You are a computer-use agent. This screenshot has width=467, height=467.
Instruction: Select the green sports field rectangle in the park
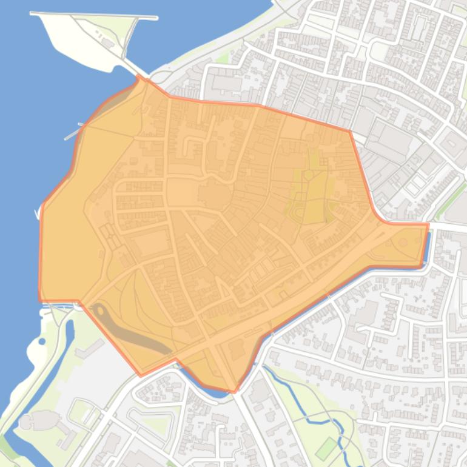[327, 448]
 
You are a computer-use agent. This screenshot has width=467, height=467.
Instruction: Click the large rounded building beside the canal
[39, 420]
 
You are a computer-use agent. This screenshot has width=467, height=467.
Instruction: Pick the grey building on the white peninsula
[109, 43]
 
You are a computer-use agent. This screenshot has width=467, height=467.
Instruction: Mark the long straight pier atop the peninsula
[94, 15]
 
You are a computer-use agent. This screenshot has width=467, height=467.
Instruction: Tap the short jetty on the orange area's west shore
[73, 131]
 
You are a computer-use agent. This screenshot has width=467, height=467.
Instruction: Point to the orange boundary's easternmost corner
[428, 224]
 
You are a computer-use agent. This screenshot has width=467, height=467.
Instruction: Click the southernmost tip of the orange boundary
[235, 392]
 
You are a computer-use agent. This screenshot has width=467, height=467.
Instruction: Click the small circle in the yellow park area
[308, 175]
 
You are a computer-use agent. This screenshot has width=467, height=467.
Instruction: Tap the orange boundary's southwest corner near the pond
[141, 375]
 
